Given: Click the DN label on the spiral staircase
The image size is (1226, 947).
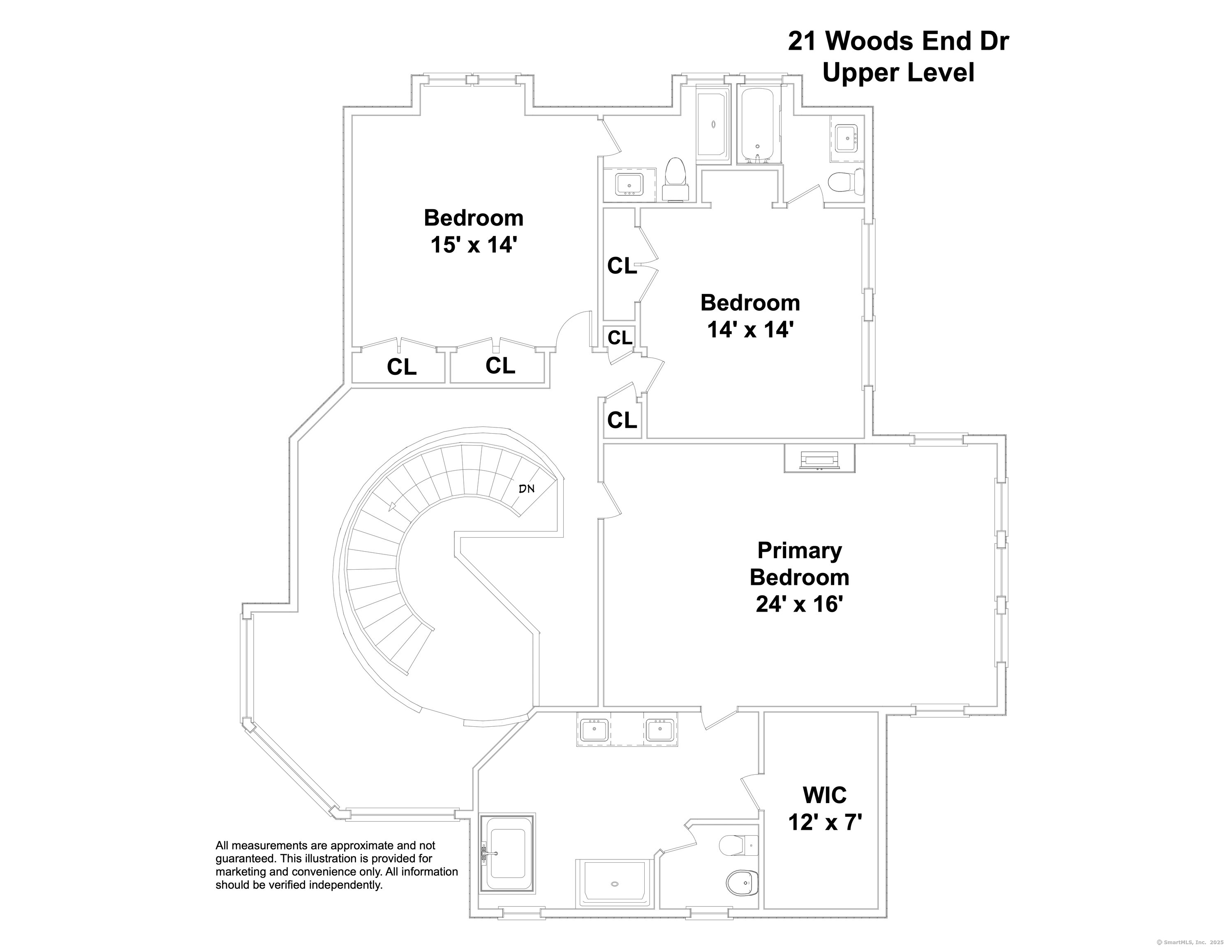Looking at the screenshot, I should pyautogui.click(x=527, y=488).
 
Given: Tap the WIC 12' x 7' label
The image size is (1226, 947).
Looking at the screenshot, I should pyautogui.click(x=825, y=809).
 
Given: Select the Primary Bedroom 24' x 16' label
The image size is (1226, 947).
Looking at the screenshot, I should pyautogui.click(x=799, y=577).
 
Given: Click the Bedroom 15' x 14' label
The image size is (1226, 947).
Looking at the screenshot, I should pyautogui.click(x=473, y=231).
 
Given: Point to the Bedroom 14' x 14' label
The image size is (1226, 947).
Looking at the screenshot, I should pyautogui.click(x=750, y=316).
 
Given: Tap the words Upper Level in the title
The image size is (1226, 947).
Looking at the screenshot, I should pyautogui.click(x=898, y=73).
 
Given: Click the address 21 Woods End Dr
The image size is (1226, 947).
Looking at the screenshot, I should pyautogui.click(x=898, y=41).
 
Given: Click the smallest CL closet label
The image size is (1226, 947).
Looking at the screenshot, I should pyautogui.click(x=620, y=337).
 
